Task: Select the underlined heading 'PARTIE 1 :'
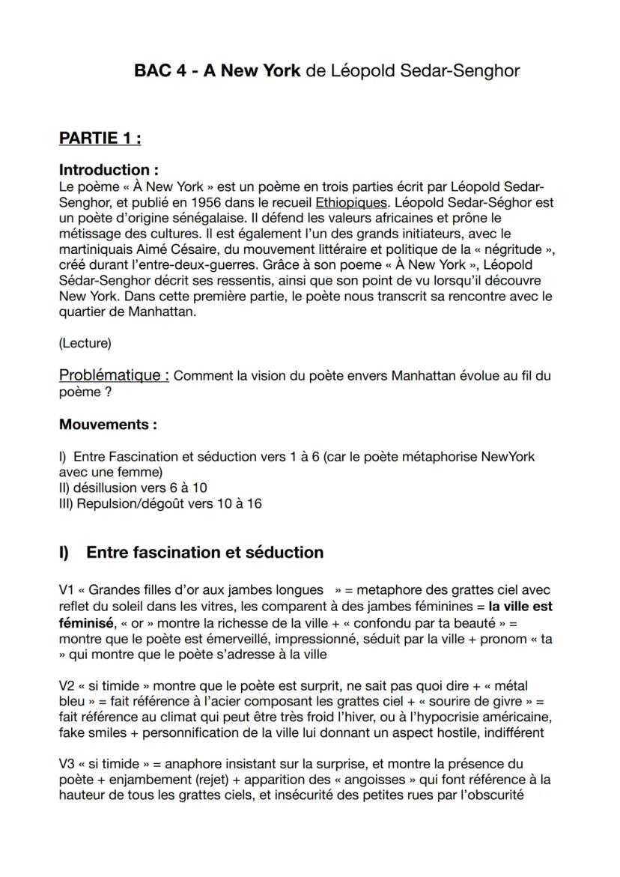click(x=100, y=139)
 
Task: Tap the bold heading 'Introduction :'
click(x=109, y=170)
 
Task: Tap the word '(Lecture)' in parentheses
click(x=85, y=343)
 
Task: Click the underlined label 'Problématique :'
click(x=115, y=375)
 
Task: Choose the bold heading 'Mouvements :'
click(x=108, y=425)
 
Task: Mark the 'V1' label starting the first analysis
click(x=67, y=590)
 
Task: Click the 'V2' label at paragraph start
click(x=67, y=685)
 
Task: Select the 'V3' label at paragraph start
click(x=67, y=765)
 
